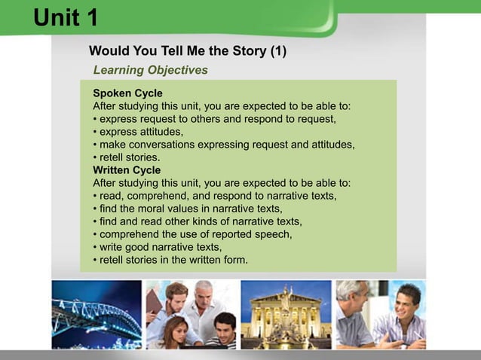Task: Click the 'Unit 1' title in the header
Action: (x=66, y=17)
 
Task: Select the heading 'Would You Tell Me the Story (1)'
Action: (x=188, y=52)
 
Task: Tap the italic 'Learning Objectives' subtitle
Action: (x=150, y=70)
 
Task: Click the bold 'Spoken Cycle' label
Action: (x=127, y=93)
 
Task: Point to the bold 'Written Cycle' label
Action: (x=127, y=170)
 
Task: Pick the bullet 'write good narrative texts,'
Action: (x=160, y=247)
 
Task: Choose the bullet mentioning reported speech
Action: (x=191, y=234)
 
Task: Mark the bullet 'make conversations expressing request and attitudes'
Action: (x=223, y=145)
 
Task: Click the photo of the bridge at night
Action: (x=96, y=314)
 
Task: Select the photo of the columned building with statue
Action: (x=285, y=314)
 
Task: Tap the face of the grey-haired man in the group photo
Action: (x=204, y=292)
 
